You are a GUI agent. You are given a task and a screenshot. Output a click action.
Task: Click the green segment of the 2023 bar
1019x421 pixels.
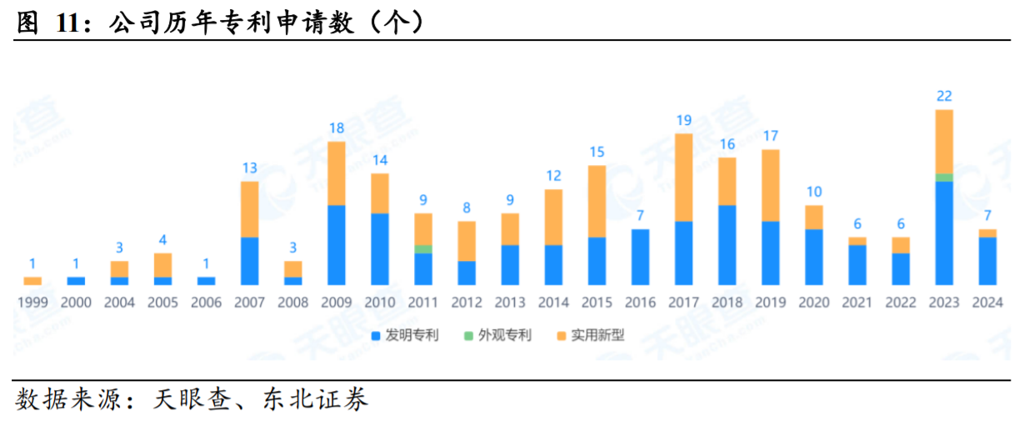(x=944, y=178)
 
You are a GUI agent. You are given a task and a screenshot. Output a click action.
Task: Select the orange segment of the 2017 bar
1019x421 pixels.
(x=683, y=177)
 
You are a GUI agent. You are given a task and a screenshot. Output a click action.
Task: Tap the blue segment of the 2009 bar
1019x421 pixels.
(x=337, y=244)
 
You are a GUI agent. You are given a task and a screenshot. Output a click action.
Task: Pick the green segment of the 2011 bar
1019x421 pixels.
(x=423, y=249)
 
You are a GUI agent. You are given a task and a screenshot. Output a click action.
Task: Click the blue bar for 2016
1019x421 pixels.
(x=640, y=257)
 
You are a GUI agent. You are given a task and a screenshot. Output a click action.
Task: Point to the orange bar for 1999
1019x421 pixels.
(x=32, y=281)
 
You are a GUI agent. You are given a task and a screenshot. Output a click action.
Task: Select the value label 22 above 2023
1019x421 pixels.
(x=944, y=97)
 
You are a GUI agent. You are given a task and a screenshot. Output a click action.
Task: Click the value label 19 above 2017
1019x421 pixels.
(x=683, y=121)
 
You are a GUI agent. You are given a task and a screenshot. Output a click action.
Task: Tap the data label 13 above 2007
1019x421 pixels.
(x=250, y=168)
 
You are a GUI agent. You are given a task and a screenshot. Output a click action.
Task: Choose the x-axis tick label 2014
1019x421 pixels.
(x=553, y=303)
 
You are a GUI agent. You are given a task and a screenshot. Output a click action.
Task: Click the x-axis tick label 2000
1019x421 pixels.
(x=76, y=303)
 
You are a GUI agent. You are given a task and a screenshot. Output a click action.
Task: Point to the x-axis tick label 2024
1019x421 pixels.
(x=987, y=303)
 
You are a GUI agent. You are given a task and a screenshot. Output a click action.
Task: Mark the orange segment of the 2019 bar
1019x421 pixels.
(x=770, y=185)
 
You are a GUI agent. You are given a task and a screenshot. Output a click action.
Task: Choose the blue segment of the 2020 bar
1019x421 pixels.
(x=813, y=257)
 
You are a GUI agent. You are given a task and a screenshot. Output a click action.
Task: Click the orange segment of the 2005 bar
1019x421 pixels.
(x=162, y=265)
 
